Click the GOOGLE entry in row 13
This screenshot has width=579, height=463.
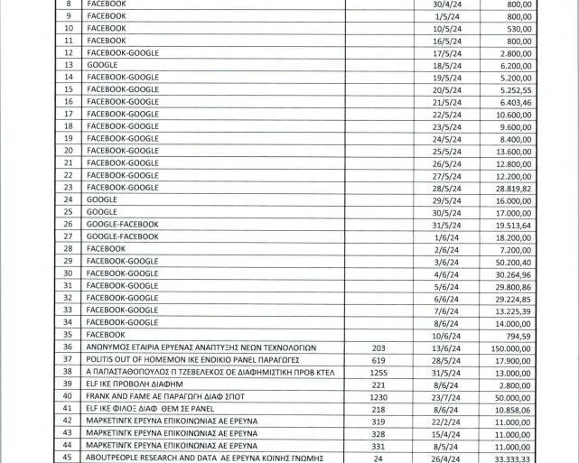102,65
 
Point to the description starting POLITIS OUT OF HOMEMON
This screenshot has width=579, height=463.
180,359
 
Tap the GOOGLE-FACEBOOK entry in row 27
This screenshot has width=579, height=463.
123,236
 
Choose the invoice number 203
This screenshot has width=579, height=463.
378,347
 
